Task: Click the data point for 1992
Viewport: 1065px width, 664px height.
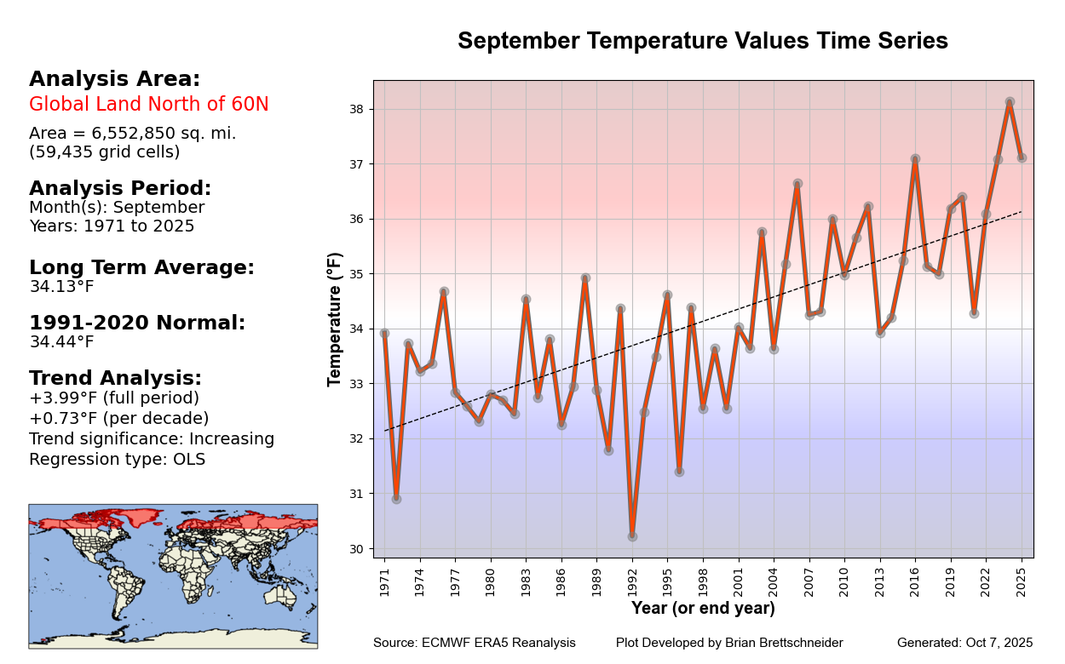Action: tap(632, 536)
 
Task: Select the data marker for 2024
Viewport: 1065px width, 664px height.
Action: tap(1010, 102)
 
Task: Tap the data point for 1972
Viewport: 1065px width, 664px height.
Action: tap(396, 499)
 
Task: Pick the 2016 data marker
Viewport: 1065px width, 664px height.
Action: tap(915, 159)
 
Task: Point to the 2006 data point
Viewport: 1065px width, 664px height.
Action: tap(797, 184)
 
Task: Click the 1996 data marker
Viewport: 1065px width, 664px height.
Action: tap(679, 472)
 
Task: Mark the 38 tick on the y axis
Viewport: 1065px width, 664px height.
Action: tap(356, 109)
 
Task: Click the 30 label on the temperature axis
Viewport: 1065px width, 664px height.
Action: tap(356, 549)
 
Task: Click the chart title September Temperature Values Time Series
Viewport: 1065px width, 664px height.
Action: tap(703, 42)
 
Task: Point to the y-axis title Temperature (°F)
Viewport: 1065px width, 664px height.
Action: tap(335, 319)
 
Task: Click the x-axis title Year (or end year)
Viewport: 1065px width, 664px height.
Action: tap(703, 609)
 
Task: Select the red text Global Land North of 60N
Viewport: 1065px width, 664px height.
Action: tap(149, 105)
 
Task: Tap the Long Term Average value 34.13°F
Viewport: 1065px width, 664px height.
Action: tap(61, 287)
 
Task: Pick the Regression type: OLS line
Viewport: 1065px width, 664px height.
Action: tap(117, 460)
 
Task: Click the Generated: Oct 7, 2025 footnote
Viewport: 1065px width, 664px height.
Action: tap(964, 643)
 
